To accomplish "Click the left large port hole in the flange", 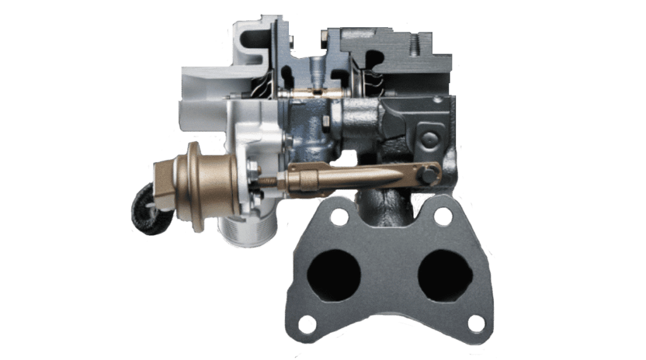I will (334, 276).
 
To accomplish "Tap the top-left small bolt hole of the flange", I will (339, 217).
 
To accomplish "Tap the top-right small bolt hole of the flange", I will (443, 216).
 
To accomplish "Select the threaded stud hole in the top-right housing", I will (415, 44).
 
